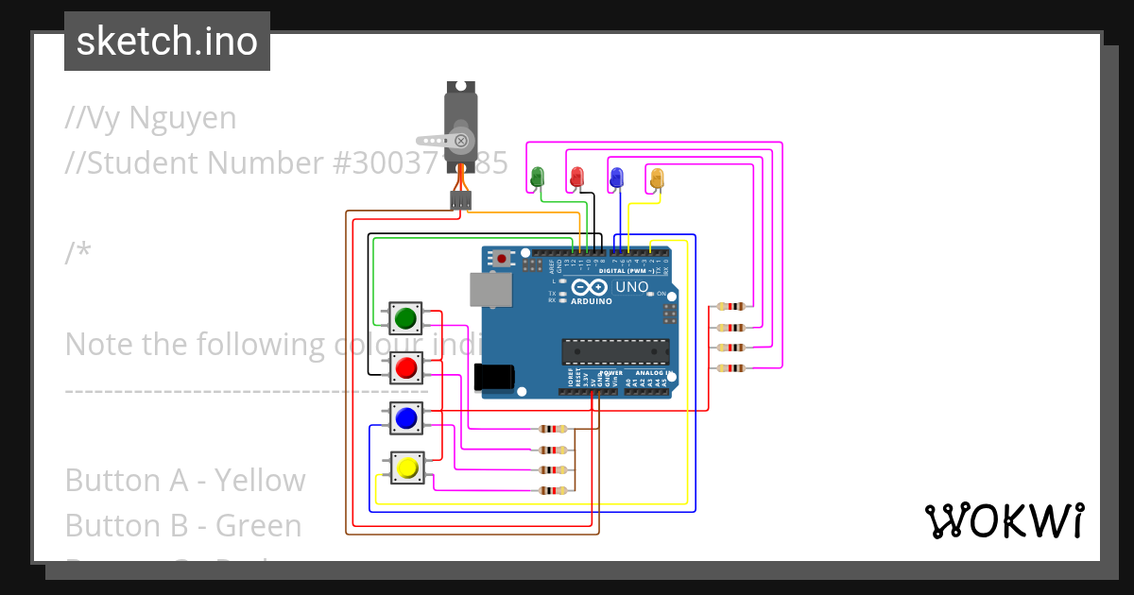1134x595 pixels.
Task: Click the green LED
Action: (538, 177)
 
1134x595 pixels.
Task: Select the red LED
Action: (576, 177)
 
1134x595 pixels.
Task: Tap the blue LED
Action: (616, 177)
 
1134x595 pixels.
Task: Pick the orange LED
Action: (657, 177)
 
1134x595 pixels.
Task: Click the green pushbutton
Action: (406, 317)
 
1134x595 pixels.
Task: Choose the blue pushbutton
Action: (406, 417)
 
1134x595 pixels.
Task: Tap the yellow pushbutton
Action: (407, 467)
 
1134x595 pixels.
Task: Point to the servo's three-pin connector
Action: (460, 200)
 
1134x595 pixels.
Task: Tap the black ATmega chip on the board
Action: (614, 351)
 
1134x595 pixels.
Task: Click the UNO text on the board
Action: (632, 287)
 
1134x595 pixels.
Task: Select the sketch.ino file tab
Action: (167, 42)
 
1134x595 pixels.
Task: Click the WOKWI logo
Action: (1005, 520)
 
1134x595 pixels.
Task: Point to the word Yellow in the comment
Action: (260, 481)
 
